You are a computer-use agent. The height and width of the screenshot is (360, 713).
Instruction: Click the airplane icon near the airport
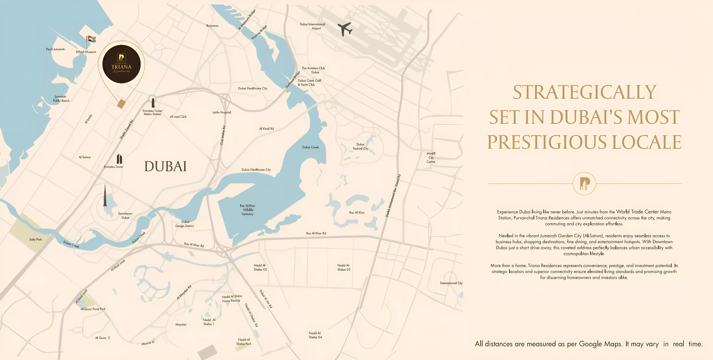click(345, 29)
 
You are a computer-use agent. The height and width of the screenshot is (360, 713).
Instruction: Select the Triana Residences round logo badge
click(122, 64)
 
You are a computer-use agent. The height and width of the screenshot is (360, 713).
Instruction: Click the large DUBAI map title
click(166, 166)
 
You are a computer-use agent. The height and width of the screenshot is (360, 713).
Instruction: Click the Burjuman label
click(212, 26)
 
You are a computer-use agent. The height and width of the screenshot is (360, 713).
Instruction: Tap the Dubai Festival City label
click(360, 146)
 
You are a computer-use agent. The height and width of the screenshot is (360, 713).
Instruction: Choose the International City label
click(451, 283)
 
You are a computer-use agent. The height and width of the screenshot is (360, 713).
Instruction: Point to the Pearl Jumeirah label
click(55, 49)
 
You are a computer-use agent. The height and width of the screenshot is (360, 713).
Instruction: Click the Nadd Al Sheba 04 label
click(315, 335)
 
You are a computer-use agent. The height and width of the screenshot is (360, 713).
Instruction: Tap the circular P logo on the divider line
click(584, 183)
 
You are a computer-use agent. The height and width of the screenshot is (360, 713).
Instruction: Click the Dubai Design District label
click(185, 224)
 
